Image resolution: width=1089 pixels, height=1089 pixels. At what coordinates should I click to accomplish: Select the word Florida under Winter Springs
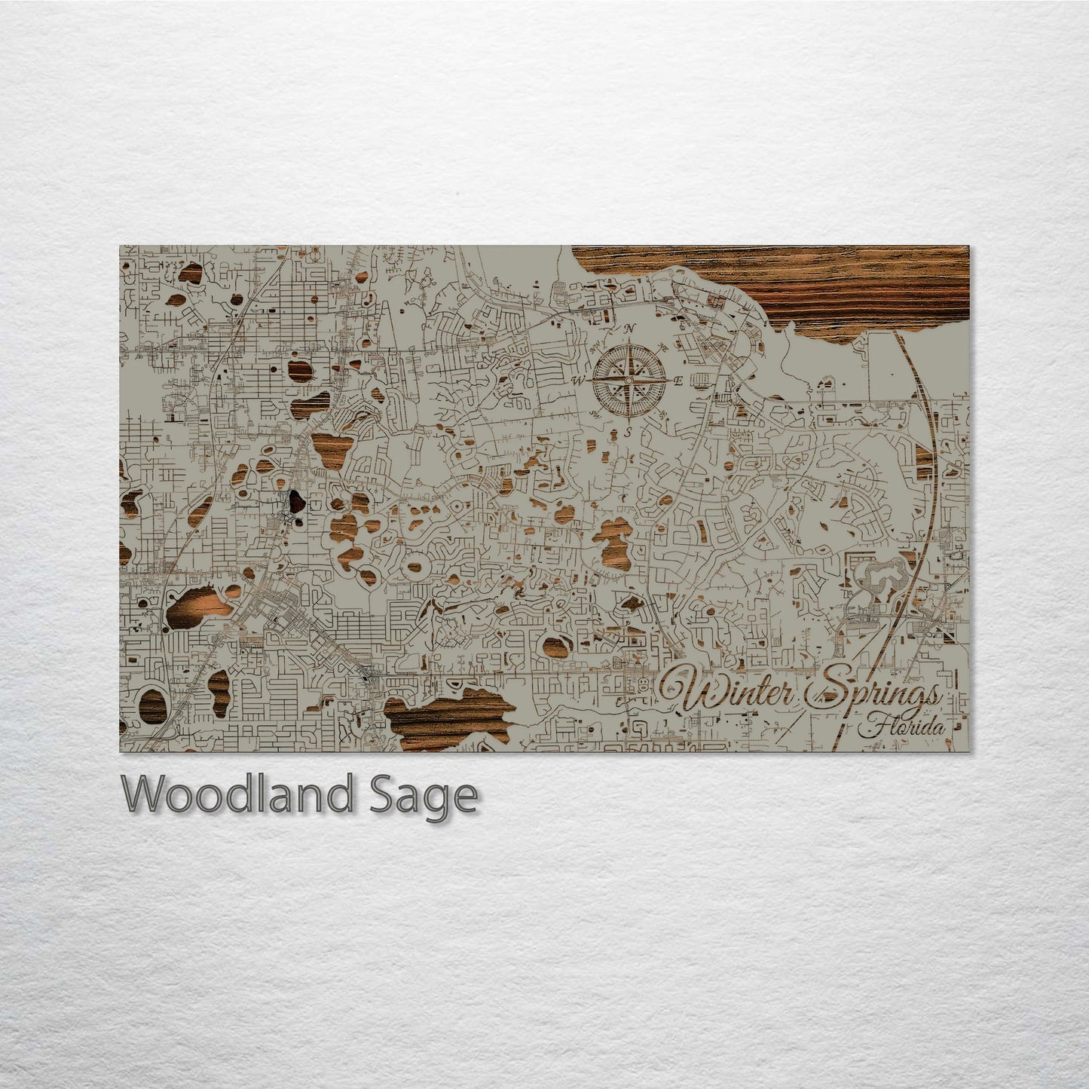[902, 729]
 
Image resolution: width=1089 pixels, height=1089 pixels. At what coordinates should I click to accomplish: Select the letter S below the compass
[627, 432]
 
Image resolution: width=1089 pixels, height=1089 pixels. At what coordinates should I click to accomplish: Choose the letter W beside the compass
[579, 380]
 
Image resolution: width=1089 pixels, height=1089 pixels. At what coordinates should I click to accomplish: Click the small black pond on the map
[293, 500]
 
